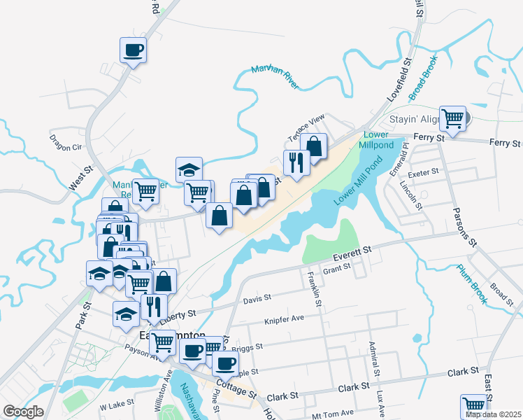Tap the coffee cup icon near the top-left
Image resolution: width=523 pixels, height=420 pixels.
[x=133, y=50]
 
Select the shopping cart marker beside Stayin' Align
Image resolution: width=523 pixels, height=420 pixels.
[x=453, y=118]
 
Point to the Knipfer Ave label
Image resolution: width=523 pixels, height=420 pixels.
[x=284, y=318]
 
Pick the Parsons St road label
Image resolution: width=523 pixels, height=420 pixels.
[x=464, y=227]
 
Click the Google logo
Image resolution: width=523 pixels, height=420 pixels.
[x=23, y=412]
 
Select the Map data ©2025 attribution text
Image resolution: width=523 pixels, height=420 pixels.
[x=492, y=414]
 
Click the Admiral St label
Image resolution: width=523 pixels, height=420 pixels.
[x=375, y=363]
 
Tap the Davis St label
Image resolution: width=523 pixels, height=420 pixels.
[x=257, y=299]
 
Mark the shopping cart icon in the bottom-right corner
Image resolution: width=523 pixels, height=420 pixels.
[x=473, y=405]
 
